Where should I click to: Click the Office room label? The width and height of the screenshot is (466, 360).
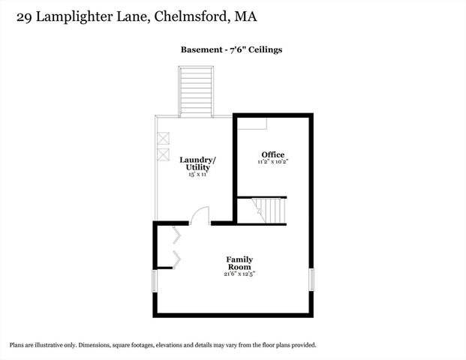point(272,154)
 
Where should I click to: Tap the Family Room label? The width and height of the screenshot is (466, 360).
point(239,263)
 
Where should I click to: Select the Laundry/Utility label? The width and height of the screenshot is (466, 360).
point(197,163)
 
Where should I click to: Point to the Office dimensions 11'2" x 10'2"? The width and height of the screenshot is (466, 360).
point(272,161)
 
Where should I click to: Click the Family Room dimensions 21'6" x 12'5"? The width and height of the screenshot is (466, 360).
point(239,274)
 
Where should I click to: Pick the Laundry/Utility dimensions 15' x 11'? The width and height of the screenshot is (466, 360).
point(197,173)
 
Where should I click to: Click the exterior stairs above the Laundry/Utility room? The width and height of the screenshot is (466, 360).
point(195,91)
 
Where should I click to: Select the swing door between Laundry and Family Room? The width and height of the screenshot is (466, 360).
point(199,217)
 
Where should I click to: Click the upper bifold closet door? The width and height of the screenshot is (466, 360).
point(176,235)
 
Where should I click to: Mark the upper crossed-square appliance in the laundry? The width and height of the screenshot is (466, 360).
point(163,139)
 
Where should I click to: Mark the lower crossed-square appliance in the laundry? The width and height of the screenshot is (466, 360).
point(163,154)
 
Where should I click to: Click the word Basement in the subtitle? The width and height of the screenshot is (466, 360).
point(200,50)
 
